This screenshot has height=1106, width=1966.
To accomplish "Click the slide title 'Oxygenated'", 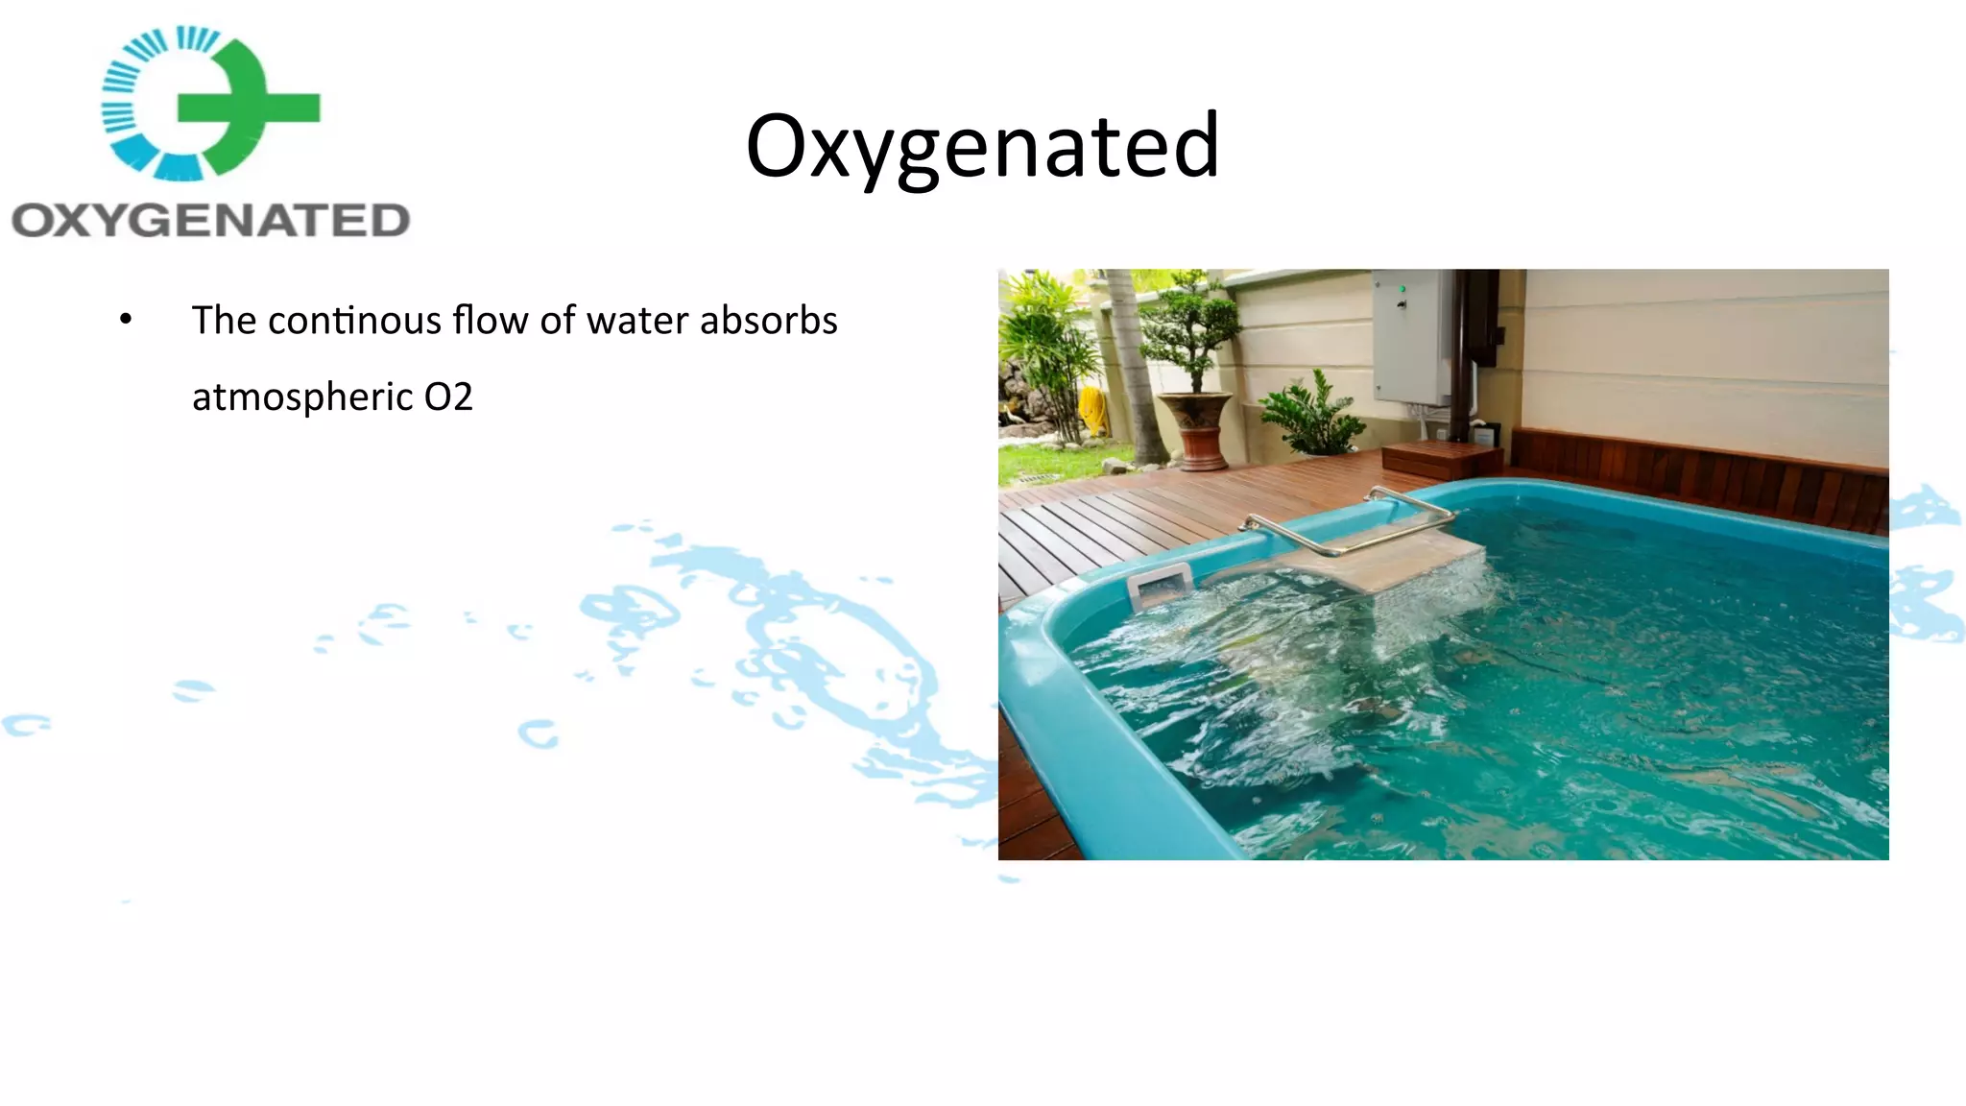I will (982, 146).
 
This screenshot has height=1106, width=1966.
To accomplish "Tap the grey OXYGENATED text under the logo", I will (210, 221).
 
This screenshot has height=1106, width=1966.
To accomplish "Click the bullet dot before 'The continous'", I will (126, 320).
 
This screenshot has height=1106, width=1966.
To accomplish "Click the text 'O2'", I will (448, 397).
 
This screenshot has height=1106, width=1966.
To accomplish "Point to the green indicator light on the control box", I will (1403, 289).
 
